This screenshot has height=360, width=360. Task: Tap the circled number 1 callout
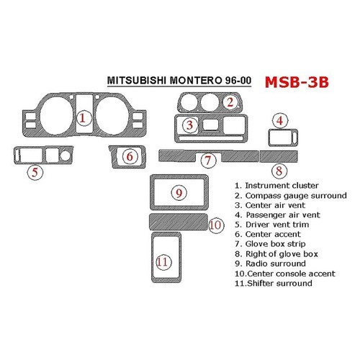click(84, 117)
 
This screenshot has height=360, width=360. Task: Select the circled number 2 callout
click(230, 102)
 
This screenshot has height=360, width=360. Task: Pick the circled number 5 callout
click(32, 172)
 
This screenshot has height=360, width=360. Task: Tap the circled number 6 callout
click(129, 156)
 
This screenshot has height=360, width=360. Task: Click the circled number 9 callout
click(178, 193)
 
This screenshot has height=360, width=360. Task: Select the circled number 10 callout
click(214, 225)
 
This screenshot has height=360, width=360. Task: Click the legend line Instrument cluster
click(276, 185)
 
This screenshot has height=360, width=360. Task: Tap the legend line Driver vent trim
click(274, 225)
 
